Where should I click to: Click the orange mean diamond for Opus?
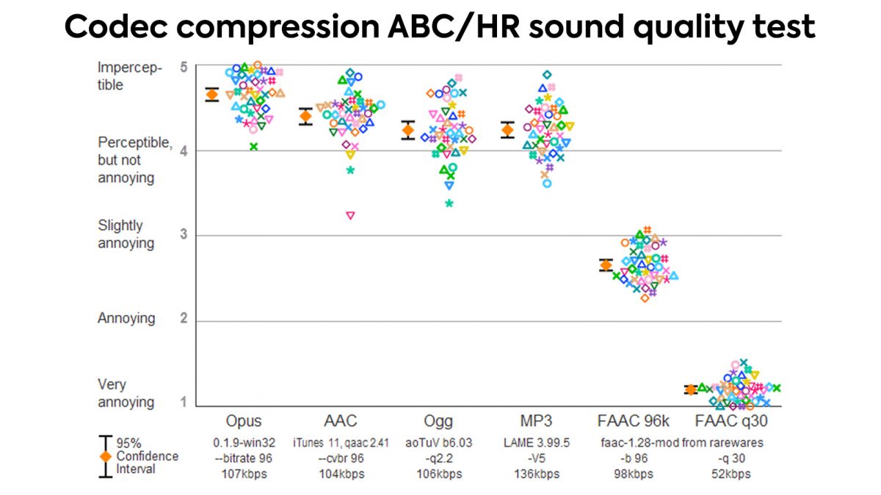click(211, 94)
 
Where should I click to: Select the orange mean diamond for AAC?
click(305, 117)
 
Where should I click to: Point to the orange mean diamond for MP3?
click(507, 130)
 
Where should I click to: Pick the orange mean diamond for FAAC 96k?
click(606, 265)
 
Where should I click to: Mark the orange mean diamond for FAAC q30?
click(690, 389)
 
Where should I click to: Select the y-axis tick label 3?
click(184, 235)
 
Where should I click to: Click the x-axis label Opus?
click(243, 421)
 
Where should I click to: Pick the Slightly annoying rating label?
click(120, 234)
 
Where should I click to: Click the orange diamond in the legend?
click(106, 456)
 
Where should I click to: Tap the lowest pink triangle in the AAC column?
click(350, 215)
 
